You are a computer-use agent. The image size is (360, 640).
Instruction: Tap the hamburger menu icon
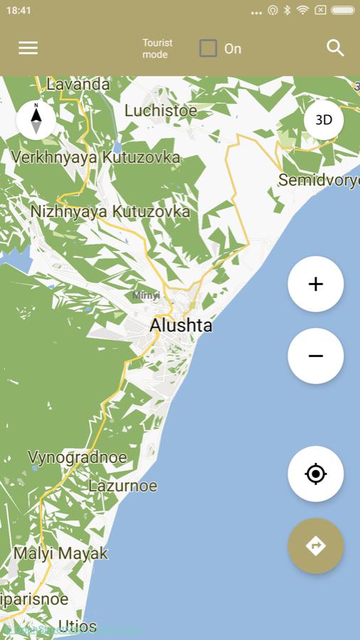(28, 48)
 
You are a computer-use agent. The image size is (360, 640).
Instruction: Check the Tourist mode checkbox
(208, 48)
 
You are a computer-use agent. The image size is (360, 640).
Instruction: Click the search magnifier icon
(335, 48)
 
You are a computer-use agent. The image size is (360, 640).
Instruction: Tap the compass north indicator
(36, 119)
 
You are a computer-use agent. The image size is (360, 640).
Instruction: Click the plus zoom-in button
(315, 284)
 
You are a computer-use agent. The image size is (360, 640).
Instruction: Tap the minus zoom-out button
(315, 356)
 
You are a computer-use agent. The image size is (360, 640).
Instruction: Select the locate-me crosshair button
(315, 474)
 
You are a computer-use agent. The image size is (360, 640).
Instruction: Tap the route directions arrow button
(315, 545)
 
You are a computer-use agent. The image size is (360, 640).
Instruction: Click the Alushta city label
(181, 326)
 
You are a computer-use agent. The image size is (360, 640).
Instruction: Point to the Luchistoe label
(160, 110)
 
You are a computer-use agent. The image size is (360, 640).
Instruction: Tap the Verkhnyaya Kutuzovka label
(95, 157)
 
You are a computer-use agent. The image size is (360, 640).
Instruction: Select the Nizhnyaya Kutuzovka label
(110, 211)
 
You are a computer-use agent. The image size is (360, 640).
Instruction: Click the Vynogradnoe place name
(77, 457)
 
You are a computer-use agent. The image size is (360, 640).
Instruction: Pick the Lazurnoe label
(122, 486)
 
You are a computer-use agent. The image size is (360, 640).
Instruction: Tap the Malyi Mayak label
(60, 553)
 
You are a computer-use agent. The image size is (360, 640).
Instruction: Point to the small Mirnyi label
(146, 295)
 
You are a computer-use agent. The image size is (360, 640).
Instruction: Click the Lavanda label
(78, 85)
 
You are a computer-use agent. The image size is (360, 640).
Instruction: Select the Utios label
(77, 626)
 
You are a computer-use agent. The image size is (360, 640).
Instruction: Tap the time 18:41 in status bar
(18, 11)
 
